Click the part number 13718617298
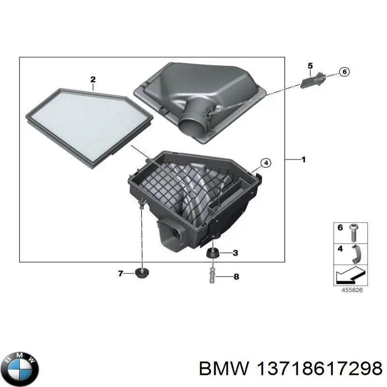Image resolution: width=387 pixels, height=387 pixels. point(319,369)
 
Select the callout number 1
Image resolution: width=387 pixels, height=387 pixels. point(304,160)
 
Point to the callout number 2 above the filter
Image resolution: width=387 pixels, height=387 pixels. point(93,79)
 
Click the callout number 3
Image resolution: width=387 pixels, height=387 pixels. point(235,253)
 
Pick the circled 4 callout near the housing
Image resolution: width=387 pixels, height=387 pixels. point(266,163)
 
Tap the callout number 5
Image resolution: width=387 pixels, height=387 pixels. point(310,66)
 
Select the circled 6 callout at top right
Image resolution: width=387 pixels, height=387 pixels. point(344,72)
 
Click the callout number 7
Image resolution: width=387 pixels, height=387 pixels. point(120,273)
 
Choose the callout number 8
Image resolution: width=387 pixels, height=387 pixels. point(236,277)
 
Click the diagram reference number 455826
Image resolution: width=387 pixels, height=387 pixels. point(352,290)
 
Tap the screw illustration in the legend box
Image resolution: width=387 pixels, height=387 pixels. point(354,233)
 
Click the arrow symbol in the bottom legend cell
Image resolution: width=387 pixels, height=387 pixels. point(350,276)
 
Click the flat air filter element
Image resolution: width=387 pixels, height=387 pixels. point(89,128)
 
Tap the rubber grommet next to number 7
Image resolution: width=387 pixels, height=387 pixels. point(142,273)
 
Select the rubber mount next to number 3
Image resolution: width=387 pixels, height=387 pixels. point(212,253)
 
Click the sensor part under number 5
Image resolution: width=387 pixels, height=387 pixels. point(313,80)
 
